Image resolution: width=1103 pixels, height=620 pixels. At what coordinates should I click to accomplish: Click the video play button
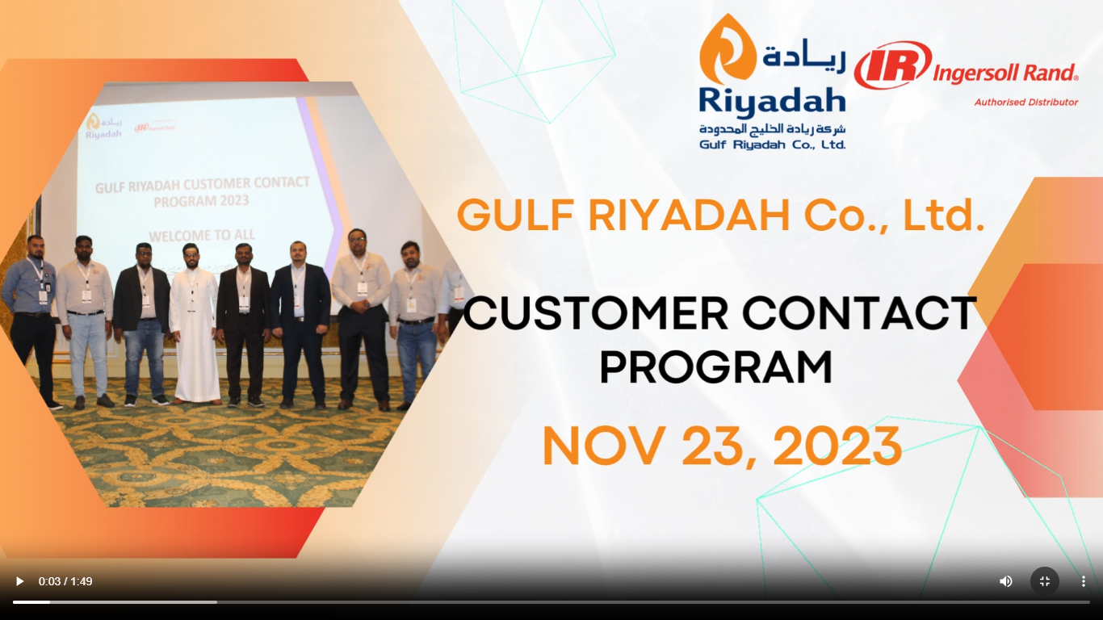[x=19, y=581]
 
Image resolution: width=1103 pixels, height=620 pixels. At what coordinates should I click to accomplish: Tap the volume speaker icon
[x=1005, y=581]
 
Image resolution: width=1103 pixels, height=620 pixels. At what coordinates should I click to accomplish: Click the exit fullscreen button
[x=1044, y=581]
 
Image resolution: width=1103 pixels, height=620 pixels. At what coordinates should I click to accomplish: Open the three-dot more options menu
[x=1084, y=581]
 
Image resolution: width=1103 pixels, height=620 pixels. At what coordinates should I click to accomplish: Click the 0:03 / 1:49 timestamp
[x=65, y=581]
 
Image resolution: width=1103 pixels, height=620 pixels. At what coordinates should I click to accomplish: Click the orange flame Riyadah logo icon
[x=728, y=49]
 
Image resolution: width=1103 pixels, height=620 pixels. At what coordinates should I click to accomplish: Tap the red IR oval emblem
[x=893, y=65]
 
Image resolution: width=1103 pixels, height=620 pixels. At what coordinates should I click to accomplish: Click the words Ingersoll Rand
[x=1005, y=73]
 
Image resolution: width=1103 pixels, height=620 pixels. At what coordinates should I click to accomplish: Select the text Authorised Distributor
[x=1026, y=103]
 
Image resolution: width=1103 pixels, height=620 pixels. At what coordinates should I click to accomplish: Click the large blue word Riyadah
[x=772, y=103]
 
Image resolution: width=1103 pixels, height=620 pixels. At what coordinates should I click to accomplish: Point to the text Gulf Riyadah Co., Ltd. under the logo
[x=772, y=145]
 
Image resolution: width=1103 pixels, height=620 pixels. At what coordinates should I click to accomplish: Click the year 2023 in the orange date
[x=837, y=446]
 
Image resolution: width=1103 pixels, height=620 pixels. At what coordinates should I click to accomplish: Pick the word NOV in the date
[x=602, y=446]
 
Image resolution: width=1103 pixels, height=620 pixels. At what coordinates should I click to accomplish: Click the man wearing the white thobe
[x=195, y=323]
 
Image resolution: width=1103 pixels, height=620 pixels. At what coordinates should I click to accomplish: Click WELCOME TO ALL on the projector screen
[x=202, y=236]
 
